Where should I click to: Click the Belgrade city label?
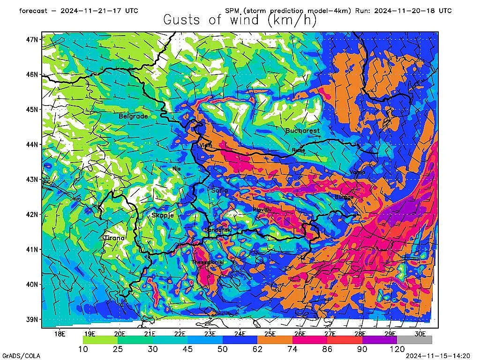[x=133, y=116]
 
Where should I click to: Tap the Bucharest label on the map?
[x=302, y=130]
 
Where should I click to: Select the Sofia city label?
[x=219, y=190]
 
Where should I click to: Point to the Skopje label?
[x=163, y=215]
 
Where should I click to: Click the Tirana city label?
[x=114, y=238]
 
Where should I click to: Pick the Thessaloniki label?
[x=208, y=262]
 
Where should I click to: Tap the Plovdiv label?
[x=262, y=210]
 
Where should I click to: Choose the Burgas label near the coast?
[x=344, y=197]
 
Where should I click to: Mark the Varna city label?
[x=357, y=172]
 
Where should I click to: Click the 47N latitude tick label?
[x=33, y=39]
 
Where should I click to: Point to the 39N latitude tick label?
[x=33, y=319]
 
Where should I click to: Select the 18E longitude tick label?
[x=60, y=334]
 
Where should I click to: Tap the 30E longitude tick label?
[x=420, y=334]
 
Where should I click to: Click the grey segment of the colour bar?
[x=414, y=340]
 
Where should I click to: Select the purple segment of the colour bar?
[x=379, y=340]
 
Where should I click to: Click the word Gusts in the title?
[x=184, y=20]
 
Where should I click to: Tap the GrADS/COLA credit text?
[x=18, y=355]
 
